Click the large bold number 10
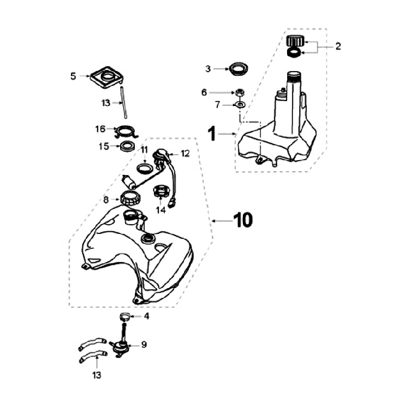click(243, 220)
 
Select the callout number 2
click(337, 46)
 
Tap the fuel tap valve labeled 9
click(120, 345)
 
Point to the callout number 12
click(185, 154)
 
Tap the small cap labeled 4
click(123, 316)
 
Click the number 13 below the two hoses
click(97, 375)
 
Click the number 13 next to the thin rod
click(105, 102)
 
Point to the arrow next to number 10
click(221, 220)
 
